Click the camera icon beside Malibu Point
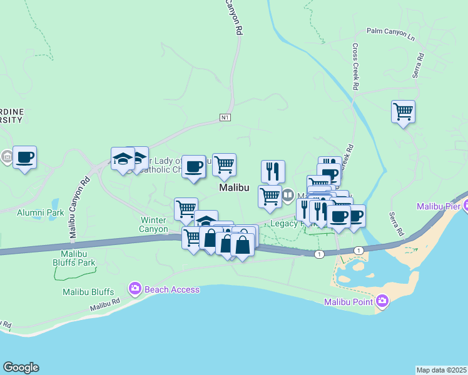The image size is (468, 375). pos(382,302)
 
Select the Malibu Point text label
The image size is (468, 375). pos(348,302)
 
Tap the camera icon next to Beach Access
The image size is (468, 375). pos(135,289)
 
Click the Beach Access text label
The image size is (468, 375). pos(171,289)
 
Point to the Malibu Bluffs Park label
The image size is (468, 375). pos(78,258)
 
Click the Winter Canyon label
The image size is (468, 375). pos(153,224)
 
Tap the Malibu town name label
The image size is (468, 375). pos(234,187)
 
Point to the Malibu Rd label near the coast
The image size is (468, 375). pos(103,306)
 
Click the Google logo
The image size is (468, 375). pos(21,367)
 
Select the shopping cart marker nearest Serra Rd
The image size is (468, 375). pos(404,112)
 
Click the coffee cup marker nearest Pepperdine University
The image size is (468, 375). pos(24,157)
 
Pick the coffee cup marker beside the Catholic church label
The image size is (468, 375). pos(194,167)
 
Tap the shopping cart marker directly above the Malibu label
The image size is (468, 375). pos(224,165)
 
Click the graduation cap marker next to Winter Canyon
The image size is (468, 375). pos(206,220)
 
